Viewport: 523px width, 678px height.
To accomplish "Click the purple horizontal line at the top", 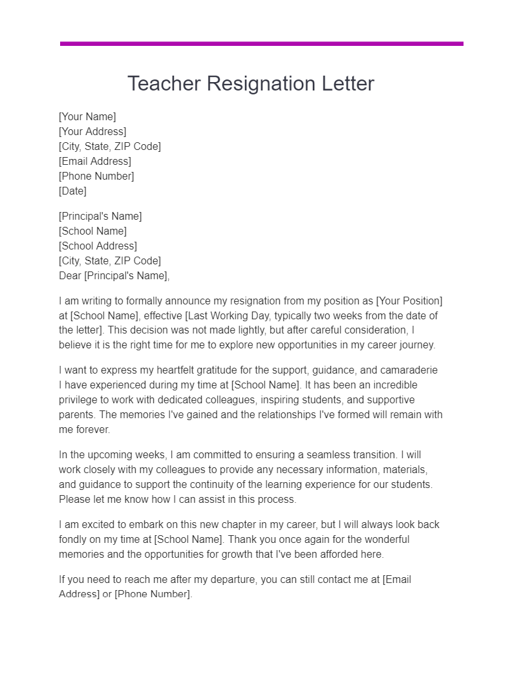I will tap(261, 44).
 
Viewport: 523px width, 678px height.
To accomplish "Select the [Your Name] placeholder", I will tap(87, 117).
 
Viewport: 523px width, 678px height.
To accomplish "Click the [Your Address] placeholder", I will tap(92, 132).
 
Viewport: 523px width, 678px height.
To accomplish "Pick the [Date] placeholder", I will tap(72, 191).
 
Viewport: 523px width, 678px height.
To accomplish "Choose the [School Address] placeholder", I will tap(98, 246).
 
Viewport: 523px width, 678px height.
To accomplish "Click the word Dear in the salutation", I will tap(70, 276).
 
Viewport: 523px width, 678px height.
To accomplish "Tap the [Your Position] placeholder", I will tap(409, 301).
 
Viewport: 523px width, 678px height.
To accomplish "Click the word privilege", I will tap(80, 400).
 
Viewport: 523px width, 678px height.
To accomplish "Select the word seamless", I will tap(320, 455).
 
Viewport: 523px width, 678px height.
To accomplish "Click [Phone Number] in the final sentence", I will tap(153, 595).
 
